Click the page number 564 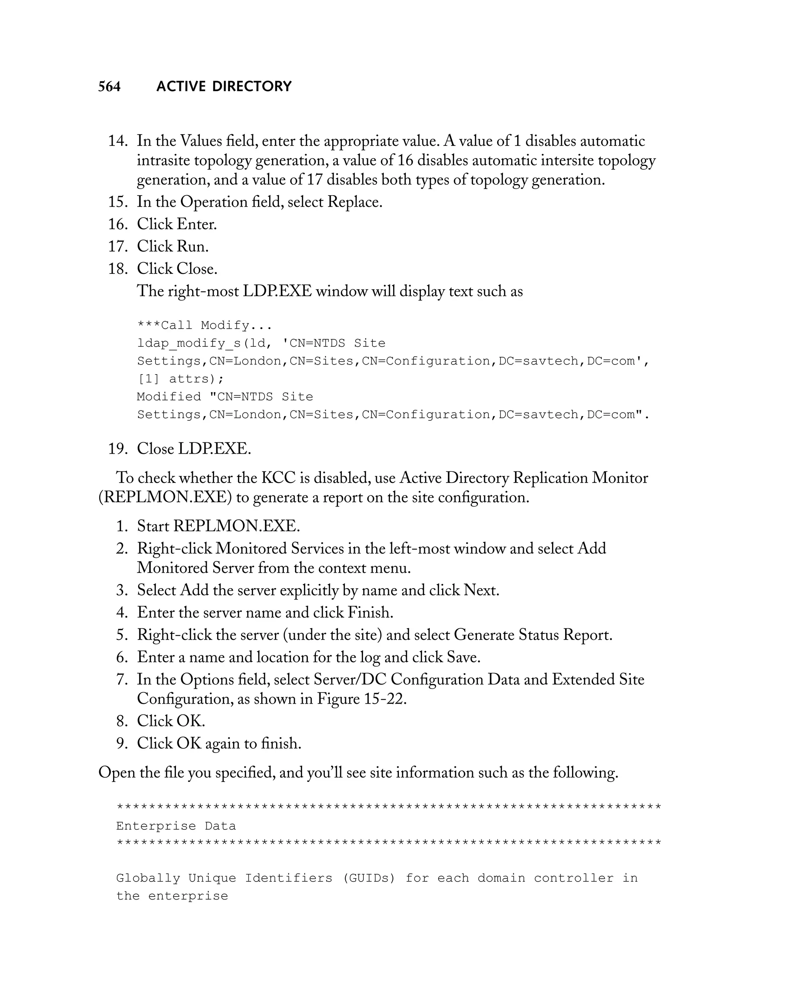pyautogui.click(x=110, y=86)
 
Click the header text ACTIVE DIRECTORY pyautogui.click(x=224, y=86)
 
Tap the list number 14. pyautogui.click(x=118, y=141)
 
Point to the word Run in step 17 pyautogui.click(x=192, y=246)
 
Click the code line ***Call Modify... pyautogui.click(x=204, y=326)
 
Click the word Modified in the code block pyautogui.click(x=169, y=397)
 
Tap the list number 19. pyautogui.click(x=118, y=449)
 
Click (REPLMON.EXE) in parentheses pyautogui.click(x=165, y=497)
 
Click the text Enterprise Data pyautogui.click(x=176, y=826)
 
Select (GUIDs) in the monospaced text pyautogui.click(x=368, y=878)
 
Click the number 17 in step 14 pyautogui.click(x=314, y=180)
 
